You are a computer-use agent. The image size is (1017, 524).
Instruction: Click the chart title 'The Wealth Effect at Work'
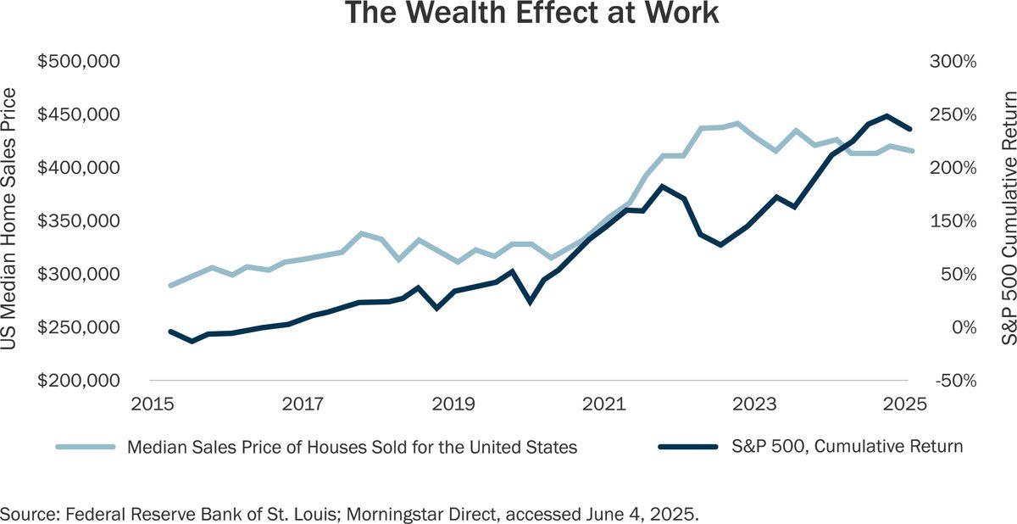tap(508, 14)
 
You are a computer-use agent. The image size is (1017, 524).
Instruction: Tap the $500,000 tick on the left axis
tap(79, 62)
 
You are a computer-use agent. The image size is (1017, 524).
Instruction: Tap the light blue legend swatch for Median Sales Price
tap(86, 447)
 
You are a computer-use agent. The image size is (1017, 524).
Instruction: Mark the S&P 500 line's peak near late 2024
tap(886, 115)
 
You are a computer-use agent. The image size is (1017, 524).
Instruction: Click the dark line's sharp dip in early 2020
tap(531, 301)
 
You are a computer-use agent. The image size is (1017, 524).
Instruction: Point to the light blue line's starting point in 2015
tap(170, 286)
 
